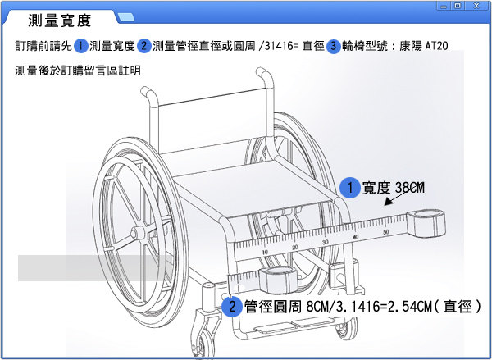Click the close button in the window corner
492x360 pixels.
(x=480, y=6)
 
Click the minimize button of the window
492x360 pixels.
(x=446, y=6)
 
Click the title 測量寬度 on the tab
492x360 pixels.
(x=59, y=21)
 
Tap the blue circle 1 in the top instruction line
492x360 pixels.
(x=81, y=45)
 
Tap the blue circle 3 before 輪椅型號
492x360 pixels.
(x=333, y=45)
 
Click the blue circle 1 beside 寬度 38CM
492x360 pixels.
(x=348, y=188)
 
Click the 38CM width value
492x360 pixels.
(x=409, y=188)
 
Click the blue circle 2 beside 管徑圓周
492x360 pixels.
(x=232, y=307)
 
